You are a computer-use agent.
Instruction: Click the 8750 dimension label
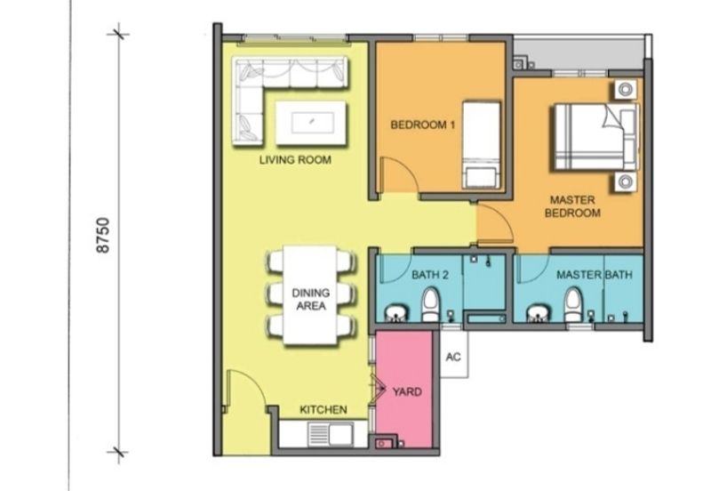(x=104, y=236)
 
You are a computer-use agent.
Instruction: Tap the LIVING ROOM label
(x=295, y=160)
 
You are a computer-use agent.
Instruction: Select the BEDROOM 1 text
(x=423, y=125)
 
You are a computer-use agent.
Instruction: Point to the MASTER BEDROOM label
(x=572, y=206)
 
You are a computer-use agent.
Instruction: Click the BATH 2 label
(x=430, y=275)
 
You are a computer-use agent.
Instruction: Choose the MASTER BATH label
(x=594, y=275)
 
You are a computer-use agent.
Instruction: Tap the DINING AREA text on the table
(x=310, y=299)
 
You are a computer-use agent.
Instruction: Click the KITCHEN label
(x=324, y=410)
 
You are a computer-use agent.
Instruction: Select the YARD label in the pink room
(x=407, y=391)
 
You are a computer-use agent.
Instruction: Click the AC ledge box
(x=453, y=354)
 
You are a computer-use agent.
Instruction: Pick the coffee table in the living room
(x=312, y=123)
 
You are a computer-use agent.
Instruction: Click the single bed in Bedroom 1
(x=481, y=145)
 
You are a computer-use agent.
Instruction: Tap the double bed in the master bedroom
(x=595, y=137)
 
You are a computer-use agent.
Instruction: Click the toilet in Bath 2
(x=431, y=305)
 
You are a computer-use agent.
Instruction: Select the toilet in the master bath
(x=573, y=305)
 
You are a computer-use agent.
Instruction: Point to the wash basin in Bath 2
(x=396, y=313)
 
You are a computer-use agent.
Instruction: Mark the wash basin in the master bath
(x=539, y=313)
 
